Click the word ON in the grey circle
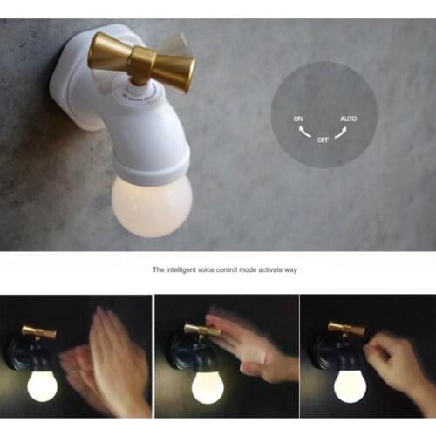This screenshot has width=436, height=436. (x=299, y=118)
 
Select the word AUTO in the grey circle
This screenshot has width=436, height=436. (x=348, y=118)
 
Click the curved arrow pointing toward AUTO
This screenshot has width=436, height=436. (x=340, y=132)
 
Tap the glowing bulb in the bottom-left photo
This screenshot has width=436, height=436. (x=42, y=385)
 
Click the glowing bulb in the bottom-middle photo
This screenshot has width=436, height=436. (x=207, y=386)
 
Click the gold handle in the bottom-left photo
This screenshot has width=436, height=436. (x=39, y=332)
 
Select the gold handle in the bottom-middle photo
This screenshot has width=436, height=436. (x=201, y=330)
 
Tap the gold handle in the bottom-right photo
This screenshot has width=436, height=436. (x=346, y=329)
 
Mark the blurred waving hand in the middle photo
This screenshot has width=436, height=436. (x=249, y=344)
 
